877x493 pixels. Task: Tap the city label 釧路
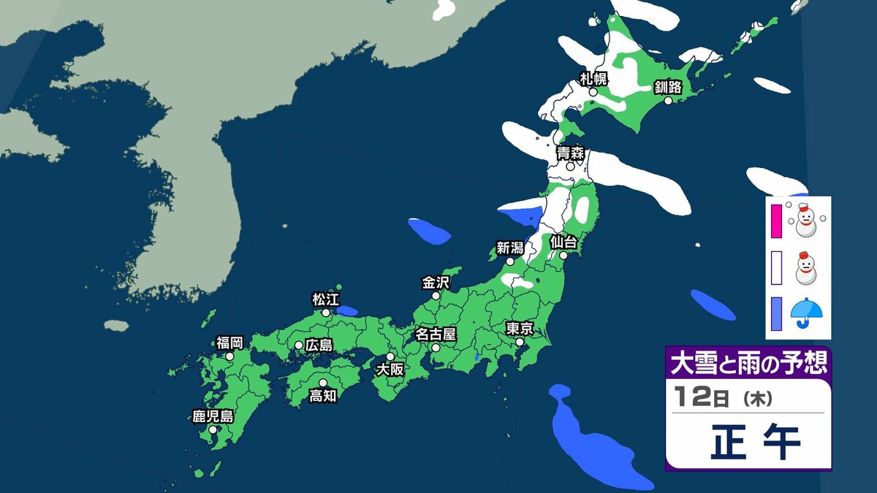point(668,88)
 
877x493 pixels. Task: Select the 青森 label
point(569,153)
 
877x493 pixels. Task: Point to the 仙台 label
point(563,241)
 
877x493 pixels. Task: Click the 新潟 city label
point(510,248)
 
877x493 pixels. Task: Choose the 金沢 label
point(436,282)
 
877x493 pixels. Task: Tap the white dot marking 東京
point(519,342)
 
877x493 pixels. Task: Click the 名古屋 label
point(436,335)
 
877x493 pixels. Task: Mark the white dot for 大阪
point(390,356)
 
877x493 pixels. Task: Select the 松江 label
point(326,299)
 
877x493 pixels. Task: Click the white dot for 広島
point(299,345)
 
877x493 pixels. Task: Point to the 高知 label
point(322,396)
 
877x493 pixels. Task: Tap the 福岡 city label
point(229,343)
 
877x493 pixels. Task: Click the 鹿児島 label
point(213,417)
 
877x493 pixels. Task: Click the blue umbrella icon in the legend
point(807,313)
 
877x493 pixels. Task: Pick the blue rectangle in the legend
point(776,313)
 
